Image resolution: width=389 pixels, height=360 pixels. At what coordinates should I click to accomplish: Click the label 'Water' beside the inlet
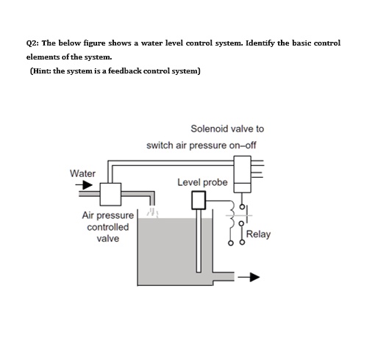(x=82, y=173)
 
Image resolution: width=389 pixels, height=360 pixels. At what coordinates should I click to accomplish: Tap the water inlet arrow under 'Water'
(x=85, y=186)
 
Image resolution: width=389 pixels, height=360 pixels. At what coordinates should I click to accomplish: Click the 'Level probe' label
(x=202, y=181)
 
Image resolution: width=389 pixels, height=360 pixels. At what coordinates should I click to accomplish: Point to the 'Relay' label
(x=259, y=234)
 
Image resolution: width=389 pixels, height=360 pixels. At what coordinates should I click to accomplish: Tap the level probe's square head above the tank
(x=199, y=200)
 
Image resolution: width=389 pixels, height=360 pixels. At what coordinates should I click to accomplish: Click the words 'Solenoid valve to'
(x=227, y=129)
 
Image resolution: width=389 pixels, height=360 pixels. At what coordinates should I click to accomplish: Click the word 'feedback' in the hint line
(x=133, y=71)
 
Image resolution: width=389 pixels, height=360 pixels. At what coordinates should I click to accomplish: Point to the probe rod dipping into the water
(x=199, y=242)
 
